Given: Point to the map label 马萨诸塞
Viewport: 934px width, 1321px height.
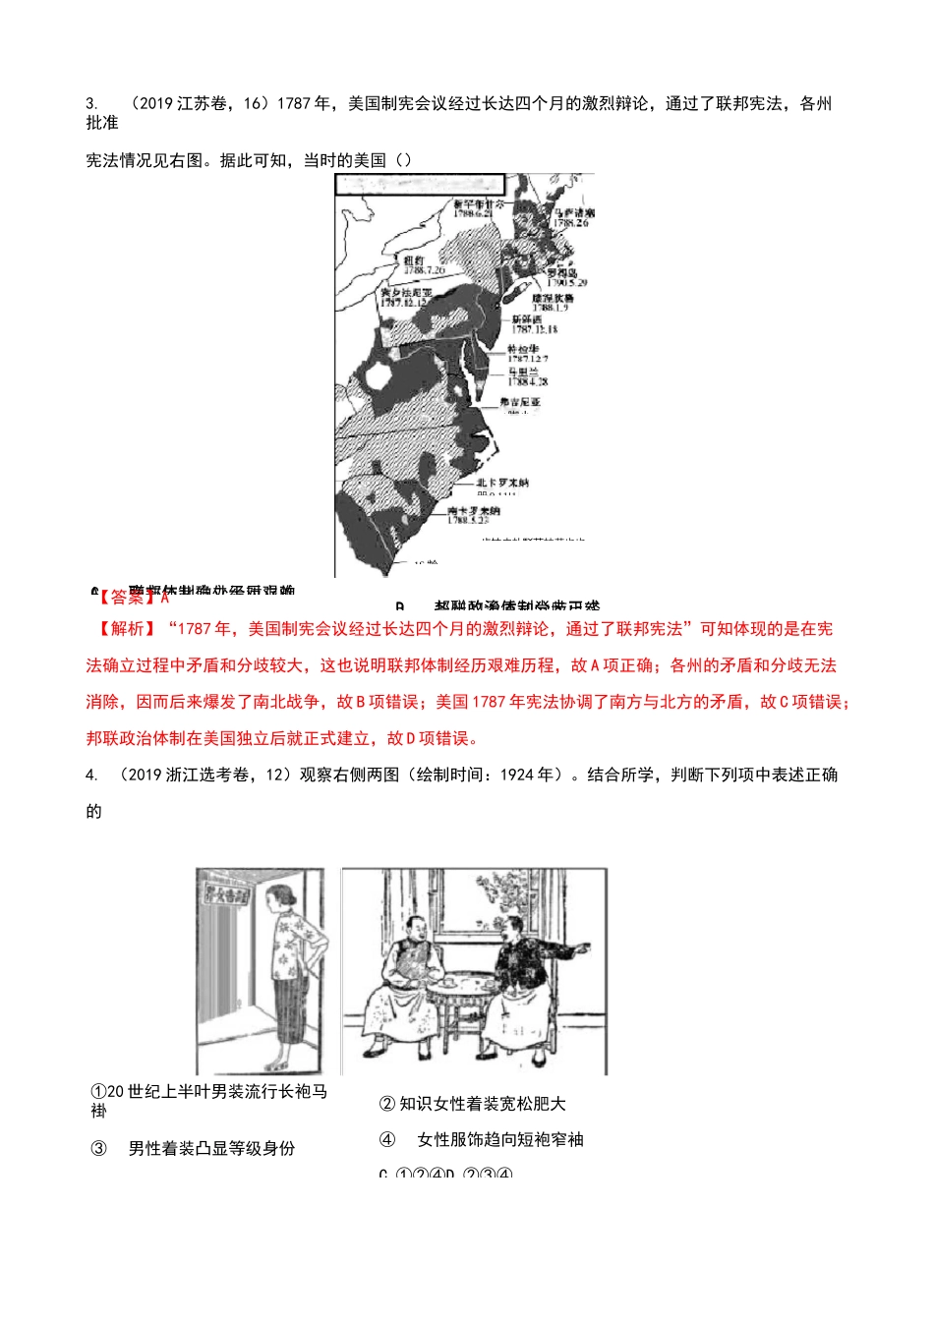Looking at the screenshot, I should point(573,212).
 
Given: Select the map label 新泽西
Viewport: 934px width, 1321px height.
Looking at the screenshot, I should point(526,319).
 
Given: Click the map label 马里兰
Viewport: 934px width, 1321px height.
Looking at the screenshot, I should point(523,373).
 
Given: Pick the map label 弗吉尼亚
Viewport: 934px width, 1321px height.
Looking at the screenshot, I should point(519,402).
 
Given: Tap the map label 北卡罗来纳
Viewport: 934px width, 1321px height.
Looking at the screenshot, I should point(502,483).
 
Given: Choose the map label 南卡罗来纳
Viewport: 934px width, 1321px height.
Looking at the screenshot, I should point(473,511).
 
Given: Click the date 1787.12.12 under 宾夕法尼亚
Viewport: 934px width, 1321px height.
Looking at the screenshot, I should point(404,303).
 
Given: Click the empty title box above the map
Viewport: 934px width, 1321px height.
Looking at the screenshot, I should point(420,186).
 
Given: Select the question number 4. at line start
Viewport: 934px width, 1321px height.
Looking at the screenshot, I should point(91,775).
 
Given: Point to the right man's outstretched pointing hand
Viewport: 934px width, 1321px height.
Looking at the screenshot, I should point(582,948).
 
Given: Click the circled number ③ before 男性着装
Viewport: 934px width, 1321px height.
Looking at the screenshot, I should point(98,1149).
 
